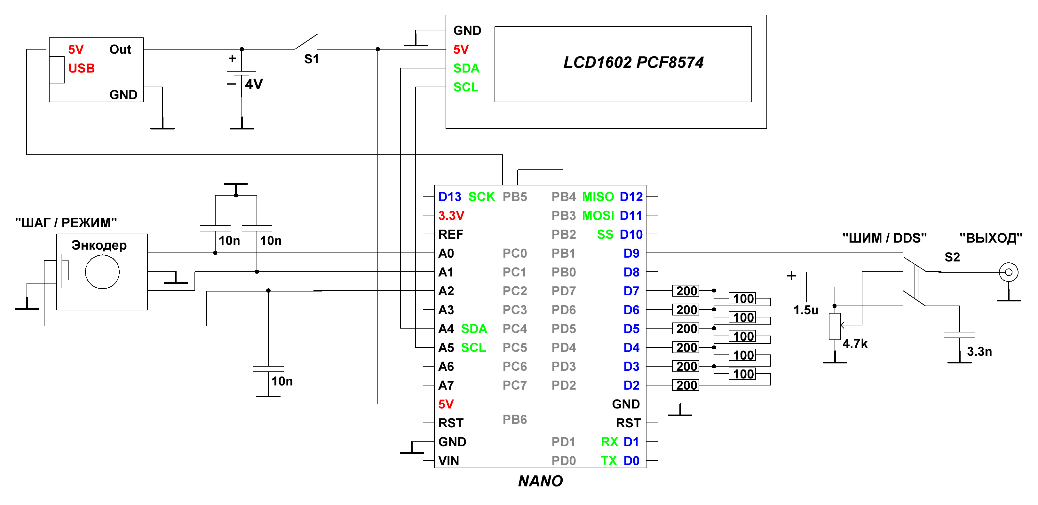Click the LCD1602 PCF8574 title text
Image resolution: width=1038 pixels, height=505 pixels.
click(x=633, y=62)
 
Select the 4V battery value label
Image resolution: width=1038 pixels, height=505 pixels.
click(x=254, y=84)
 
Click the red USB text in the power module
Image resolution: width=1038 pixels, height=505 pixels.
click(x=81, y=68)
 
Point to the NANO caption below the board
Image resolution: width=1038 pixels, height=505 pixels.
click(x=540, y=481)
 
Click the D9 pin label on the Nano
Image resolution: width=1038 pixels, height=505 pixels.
click(x=631, y=253)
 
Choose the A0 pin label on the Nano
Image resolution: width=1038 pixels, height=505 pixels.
click(x=446, y=253)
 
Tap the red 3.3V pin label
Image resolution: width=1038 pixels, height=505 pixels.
click(x=451, y=215)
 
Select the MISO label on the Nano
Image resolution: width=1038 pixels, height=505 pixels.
click(x=598, y=197)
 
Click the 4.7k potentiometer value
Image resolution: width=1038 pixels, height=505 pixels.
click(x=855, y=344)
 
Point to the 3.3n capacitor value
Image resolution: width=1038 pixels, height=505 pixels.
click(x=979, y=352)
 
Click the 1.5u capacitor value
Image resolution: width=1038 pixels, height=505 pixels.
click(x=805, y=310)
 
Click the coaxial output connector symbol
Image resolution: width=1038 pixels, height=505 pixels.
click(x=1008, y=272)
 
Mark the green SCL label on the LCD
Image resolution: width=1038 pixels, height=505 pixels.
click(x=465, y=87)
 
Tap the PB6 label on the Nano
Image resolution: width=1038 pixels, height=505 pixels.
click(x=515, y=420)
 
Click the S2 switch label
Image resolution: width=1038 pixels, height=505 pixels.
click(x=952, y=257)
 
